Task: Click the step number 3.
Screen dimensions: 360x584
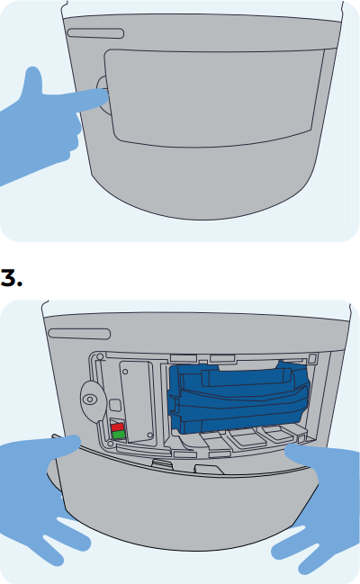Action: click(x=11, y=278)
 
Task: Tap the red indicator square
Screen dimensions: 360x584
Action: click(x=117, y=427)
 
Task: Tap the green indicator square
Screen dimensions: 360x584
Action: click(x=119, y=435)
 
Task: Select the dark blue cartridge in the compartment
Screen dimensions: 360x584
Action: click(x=238, y=397)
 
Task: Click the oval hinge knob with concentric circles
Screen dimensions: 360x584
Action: click(x=91, y=400)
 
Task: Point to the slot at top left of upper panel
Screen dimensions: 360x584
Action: click(x=95, y=33)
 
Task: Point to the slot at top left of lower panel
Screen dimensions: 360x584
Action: click(x=79, y=334)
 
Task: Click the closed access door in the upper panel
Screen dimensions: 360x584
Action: click(x=214, y=97)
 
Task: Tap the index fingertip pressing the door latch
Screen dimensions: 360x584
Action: click(x=103, y=97)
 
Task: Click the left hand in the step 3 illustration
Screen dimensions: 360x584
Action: click(x=41, y=495)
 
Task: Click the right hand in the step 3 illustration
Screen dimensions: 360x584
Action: click(x=320, y=507)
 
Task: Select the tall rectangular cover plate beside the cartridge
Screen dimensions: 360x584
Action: click(x=137, y=402)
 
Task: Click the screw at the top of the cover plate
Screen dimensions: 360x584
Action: click(x=125, y=372)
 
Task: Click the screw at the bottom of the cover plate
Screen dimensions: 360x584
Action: click(x=149, y=435)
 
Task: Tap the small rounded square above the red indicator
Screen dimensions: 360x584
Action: click(x=115, y=405)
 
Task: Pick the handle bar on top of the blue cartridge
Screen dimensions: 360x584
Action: click(x=247, y=377)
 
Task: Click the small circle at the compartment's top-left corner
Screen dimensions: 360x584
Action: click(x=100, y=357)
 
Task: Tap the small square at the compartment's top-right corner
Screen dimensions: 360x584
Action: click(x=312, y=359)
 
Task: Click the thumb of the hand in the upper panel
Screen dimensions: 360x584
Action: click(x=32, y=80)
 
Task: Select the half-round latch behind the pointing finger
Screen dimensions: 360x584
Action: click(x=103, y=95)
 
